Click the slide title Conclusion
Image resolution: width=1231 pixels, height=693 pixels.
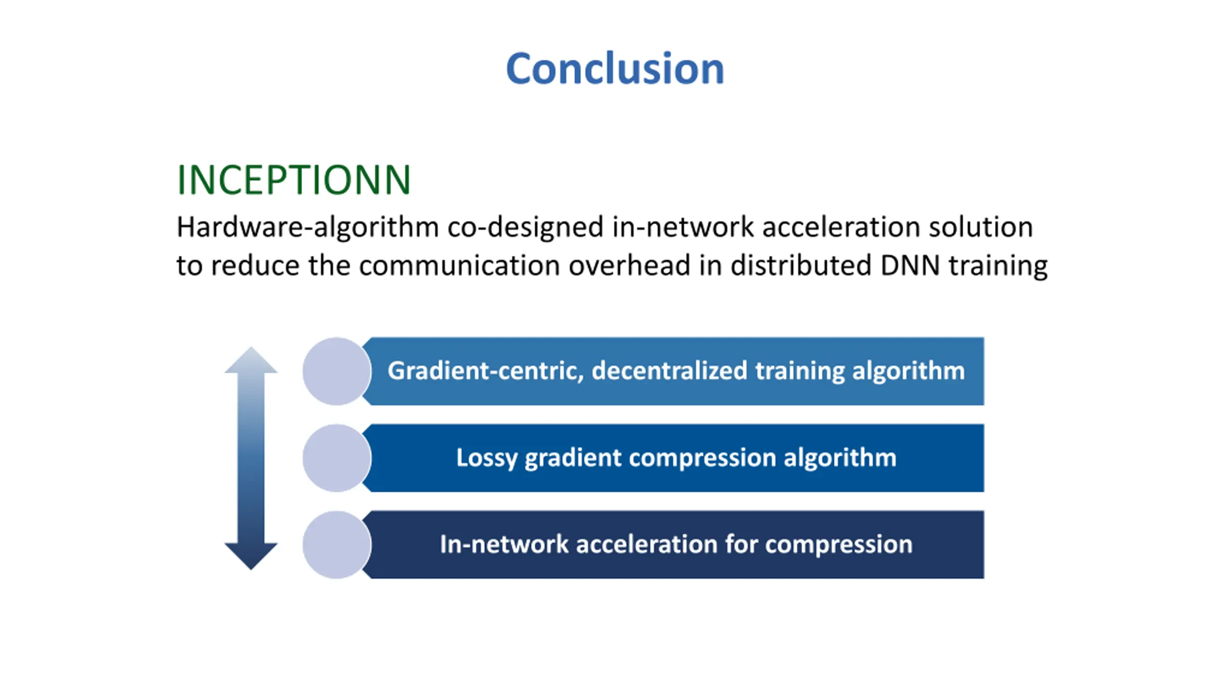615,69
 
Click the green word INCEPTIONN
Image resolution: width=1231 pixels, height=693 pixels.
294,180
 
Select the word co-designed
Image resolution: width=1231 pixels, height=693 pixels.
525,227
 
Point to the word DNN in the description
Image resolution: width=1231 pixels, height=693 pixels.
910,266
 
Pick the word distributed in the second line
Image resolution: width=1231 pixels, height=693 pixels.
801,266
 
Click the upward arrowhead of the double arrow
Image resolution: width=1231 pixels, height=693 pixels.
251,361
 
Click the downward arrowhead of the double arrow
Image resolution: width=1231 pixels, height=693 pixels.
251,555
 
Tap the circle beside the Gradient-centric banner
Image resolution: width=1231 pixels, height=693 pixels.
337,371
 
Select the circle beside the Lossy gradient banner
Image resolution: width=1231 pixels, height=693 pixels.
337,458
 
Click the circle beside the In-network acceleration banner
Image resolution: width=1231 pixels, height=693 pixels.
337,544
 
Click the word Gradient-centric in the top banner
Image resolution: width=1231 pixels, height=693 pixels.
486,371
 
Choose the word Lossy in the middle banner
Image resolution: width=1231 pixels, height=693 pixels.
486,458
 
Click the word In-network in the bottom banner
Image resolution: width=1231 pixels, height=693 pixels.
504,544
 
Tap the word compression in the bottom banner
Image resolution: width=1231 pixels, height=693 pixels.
839,545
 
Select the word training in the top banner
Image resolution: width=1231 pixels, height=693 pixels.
800,371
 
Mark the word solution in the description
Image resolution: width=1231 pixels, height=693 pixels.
980,227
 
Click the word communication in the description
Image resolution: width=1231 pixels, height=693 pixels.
459,266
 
